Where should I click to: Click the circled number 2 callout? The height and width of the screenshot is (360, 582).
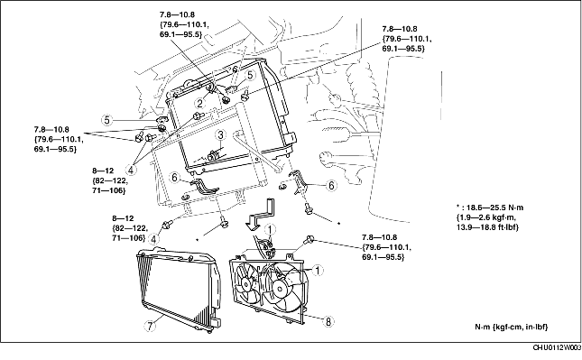pos(199,103)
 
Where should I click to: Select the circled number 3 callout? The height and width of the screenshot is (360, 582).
pos(220,134)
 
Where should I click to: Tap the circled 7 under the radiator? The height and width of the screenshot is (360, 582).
pos(150,326)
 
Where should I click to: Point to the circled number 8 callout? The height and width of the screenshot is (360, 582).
pos(328,321)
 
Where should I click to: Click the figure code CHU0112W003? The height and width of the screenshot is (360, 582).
pos(557,347)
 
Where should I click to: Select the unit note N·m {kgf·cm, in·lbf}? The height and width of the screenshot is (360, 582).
pos(511,327)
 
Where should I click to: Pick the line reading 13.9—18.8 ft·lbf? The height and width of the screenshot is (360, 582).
pos(487,227)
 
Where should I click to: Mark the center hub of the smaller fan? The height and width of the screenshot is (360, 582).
pos(245,284)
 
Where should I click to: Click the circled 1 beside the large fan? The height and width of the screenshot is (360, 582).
pos(318,271)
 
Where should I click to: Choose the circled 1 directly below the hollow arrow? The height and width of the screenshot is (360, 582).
pos(270,230)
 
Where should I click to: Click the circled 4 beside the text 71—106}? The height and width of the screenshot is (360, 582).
pos(152,239)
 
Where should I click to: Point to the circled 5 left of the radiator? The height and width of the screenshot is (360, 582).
pos(106,120)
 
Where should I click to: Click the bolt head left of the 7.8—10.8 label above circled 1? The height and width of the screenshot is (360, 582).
pos(309,240)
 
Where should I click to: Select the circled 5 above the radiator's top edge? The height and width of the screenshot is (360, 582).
pos(251,75)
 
